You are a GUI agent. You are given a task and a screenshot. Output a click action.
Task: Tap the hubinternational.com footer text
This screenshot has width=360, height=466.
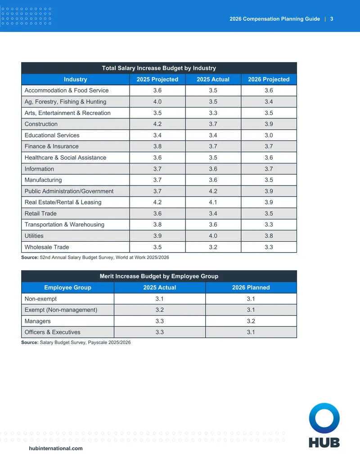tap(56, 448)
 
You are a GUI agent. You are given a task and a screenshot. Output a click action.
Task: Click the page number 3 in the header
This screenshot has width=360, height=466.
tap(332, 19)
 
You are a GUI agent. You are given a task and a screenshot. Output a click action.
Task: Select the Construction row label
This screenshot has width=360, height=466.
tap(41, 124)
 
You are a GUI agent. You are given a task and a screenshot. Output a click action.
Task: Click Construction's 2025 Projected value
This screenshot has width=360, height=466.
tap(157, 124)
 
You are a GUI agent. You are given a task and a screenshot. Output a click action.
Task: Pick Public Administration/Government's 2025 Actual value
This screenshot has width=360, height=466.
tap(213, 191)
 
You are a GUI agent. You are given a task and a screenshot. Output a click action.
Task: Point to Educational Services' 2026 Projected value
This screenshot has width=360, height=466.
tap(269, 135)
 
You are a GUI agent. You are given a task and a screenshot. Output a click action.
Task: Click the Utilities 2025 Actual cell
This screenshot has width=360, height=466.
tap(213, 235)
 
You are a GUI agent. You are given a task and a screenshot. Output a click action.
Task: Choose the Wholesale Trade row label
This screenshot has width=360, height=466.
tap(47, 247)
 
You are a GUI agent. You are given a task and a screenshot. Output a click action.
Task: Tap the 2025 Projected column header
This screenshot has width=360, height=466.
tap(157, 79)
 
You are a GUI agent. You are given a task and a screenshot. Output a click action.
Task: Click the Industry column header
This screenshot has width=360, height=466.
tap(76, 79)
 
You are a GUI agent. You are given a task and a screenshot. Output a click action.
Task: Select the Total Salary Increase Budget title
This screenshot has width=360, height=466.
tap(159, 68)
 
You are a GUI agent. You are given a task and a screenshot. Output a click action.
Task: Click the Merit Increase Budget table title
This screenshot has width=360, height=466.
tap(159, 276)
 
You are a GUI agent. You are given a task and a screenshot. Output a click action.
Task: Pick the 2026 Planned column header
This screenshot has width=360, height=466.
tap(251, 287)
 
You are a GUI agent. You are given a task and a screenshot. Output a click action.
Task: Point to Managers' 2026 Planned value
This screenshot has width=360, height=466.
tap(251, 321)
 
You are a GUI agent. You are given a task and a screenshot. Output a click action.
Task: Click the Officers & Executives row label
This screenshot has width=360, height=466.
tap(53, 332)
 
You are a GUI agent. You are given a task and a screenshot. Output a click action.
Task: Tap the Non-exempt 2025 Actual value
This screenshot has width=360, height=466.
tap(159, 299)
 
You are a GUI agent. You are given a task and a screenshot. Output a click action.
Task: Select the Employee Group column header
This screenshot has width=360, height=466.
tap(67, 287)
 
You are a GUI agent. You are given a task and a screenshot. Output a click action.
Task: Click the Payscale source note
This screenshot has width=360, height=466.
tap(76, 342)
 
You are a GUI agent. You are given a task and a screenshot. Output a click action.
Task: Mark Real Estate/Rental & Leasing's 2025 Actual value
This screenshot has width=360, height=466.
tap(213, 202)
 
